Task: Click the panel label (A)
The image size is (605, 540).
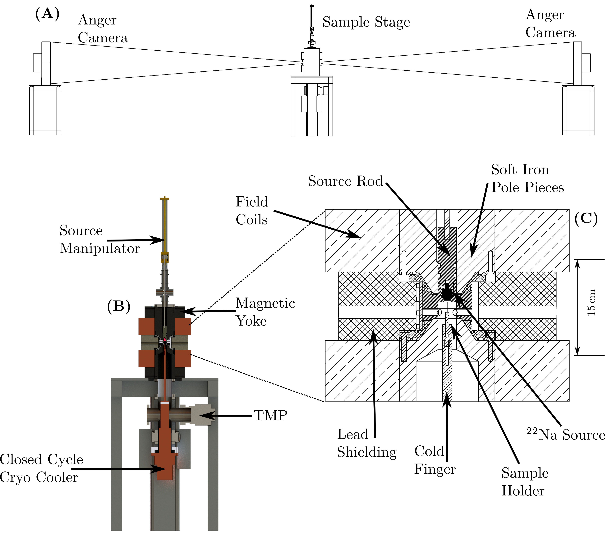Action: point(47,14)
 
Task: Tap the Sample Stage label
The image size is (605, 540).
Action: point(366,22)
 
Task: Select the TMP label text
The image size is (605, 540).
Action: point(270,416)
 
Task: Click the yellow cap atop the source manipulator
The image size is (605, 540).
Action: point(164,198)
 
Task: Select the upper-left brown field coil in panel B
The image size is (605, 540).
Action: point(146,326)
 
